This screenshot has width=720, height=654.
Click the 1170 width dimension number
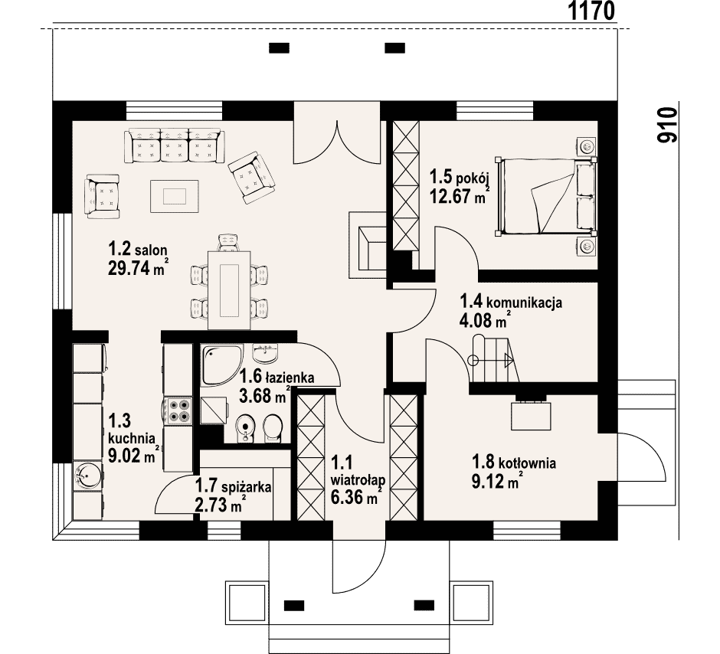click(591, 11)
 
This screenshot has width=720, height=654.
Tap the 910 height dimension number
click(667, 125)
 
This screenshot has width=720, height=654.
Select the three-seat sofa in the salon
click(175, 145)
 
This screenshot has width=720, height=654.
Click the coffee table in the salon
click(175, 196)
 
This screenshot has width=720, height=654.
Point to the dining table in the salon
click(229, 290)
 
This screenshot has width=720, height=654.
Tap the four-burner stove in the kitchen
click(179, 410)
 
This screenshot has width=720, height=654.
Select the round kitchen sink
click(87, 476)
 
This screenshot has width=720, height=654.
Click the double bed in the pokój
click(546, 196)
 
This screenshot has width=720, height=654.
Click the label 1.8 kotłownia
click(514, 462)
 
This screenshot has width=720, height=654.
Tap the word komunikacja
click(524, 303)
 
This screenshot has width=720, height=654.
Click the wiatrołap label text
click(358, 480)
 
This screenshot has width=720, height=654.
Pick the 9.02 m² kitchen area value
click(133, 456)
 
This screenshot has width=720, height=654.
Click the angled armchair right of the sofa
click(252, 178)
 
